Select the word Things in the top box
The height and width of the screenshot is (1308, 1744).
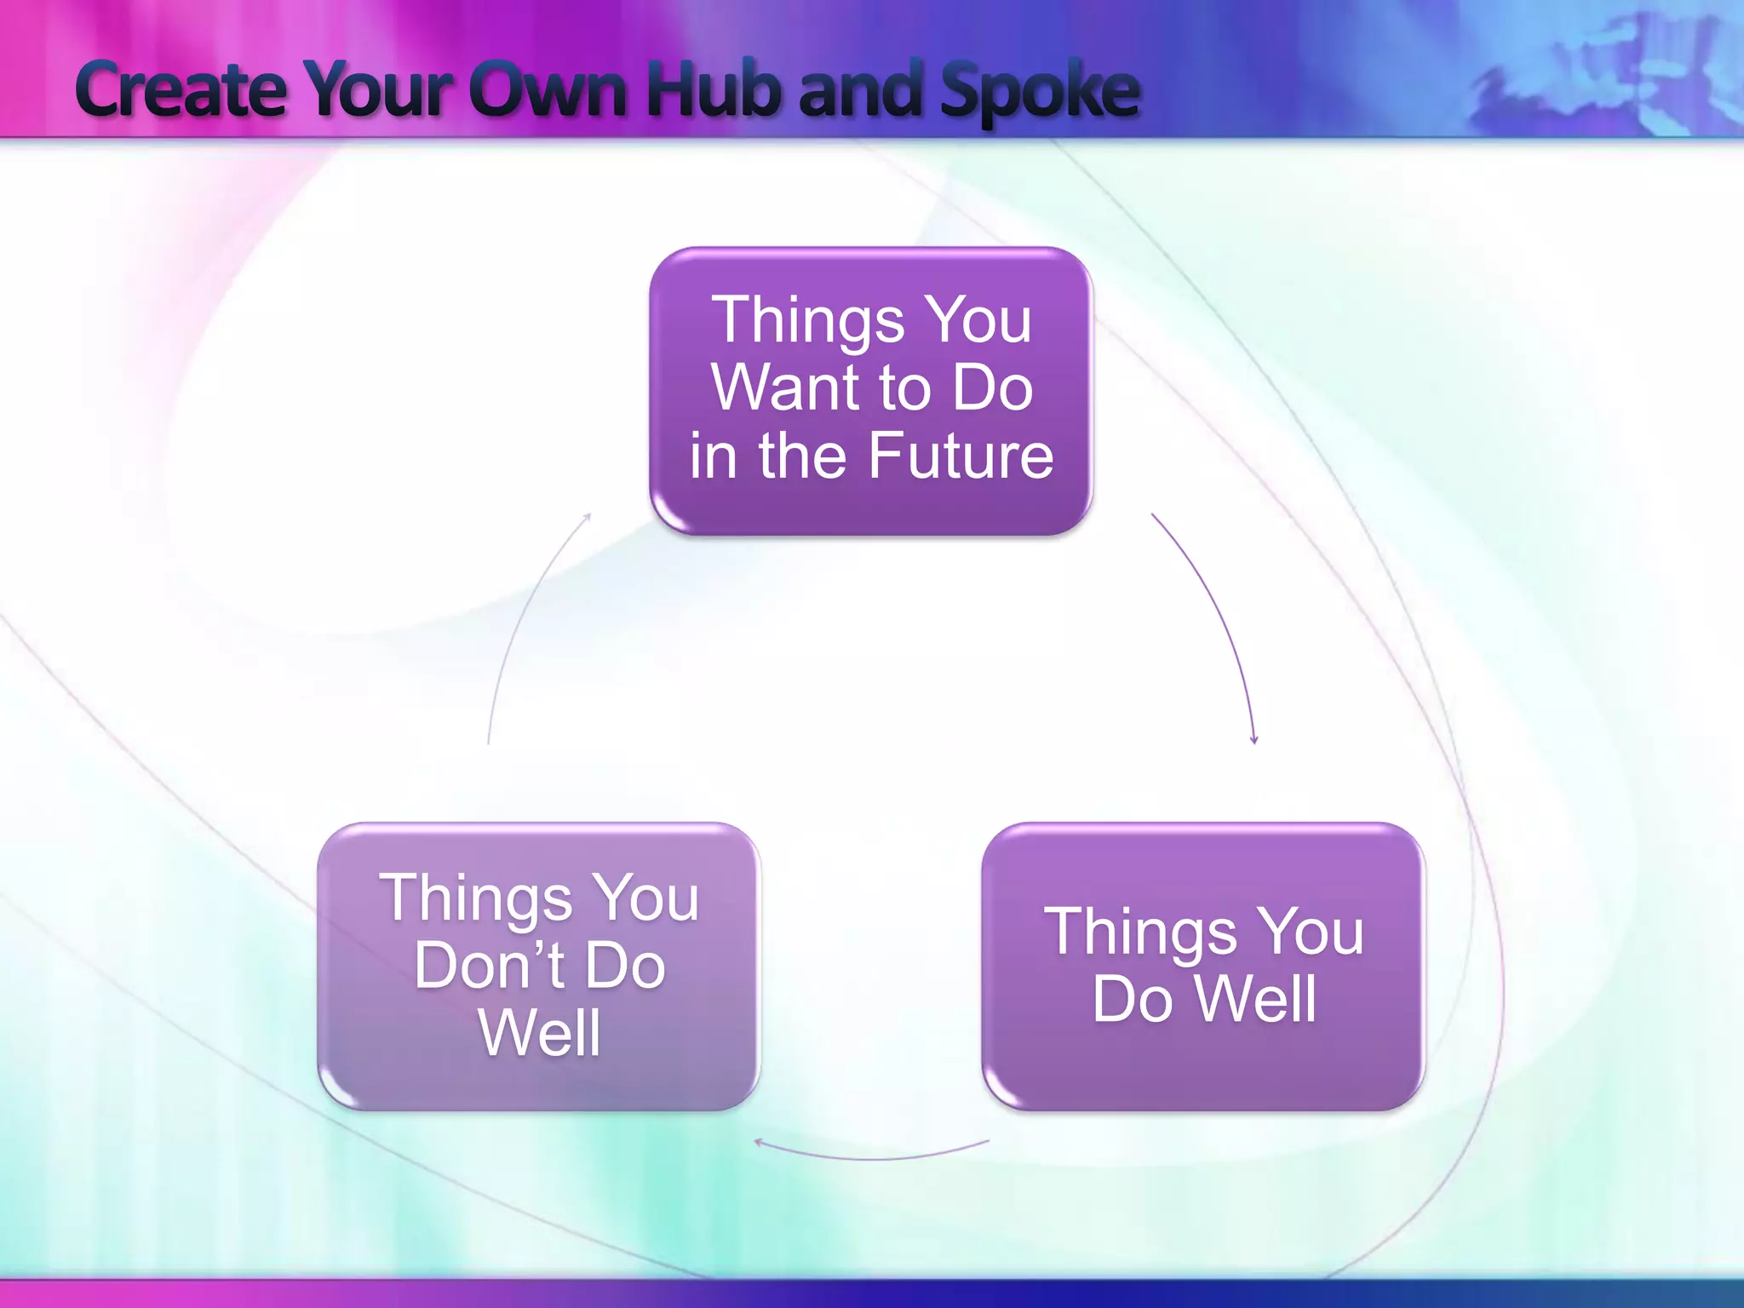click(x=808, y=322)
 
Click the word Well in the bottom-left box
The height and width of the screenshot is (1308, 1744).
click(x=540, y=1034)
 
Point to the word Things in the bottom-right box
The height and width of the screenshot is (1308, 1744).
click(x=1140, y=933)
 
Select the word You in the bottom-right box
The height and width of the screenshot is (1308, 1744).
click(x=1311, y=932)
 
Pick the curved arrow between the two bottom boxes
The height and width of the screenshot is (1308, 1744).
click(x=872, y=1157)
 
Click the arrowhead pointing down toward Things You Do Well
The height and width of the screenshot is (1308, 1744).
click(x=1253, y=739)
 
